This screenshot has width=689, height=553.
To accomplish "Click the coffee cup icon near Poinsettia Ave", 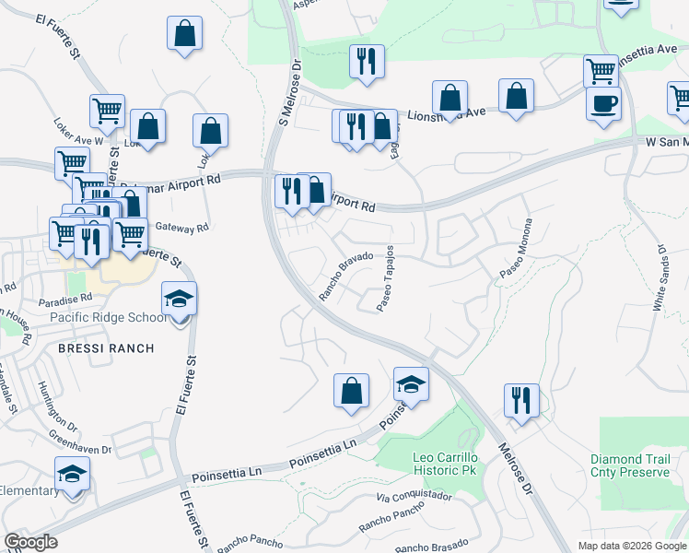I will coord(603,104).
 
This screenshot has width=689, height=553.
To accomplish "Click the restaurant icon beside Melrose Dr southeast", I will coord(521,401).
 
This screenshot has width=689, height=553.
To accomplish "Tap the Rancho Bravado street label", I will coord(345,276).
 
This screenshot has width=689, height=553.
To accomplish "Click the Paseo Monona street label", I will coord(517,249).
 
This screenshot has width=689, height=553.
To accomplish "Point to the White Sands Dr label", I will coord(661,276).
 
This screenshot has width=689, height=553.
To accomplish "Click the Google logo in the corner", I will coord(30,541).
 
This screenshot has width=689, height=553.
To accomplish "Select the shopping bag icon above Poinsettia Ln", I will coord(351,392).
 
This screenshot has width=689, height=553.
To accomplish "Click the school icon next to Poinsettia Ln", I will coord(412,384).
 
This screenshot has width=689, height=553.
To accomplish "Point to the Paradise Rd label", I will coord(65,299).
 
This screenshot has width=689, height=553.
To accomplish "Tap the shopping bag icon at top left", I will coord(184,34).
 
